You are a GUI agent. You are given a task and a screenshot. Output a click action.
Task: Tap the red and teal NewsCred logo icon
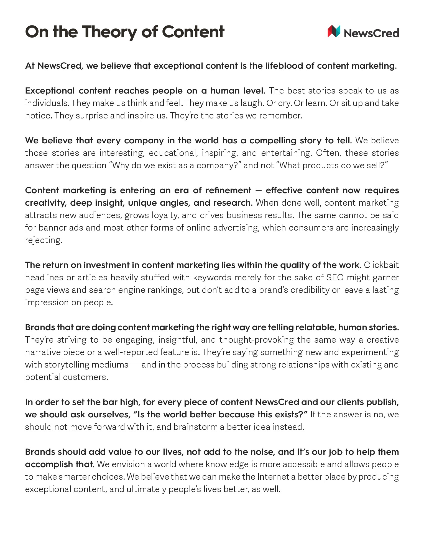(x=334, y=31)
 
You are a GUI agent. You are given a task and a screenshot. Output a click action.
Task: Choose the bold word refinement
(x=228, y=190)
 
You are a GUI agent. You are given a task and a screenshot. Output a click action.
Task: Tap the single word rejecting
(x=44, y=240)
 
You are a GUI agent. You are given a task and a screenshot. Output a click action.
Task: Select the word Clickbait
(x=381, y=265)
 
